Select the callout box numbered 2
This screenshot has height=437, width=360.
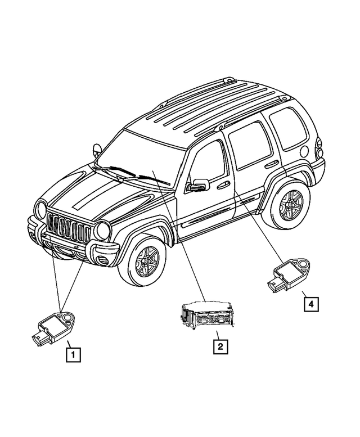coord(220,346)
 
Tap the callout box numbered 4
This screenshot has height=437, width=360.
coord(310,304)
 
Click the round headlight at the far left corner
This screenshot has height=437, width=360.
coord(40,210)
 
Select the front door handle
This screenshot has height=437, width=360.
coord(223,184)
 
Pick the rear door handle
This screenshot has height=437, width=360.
coord(271,164)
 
